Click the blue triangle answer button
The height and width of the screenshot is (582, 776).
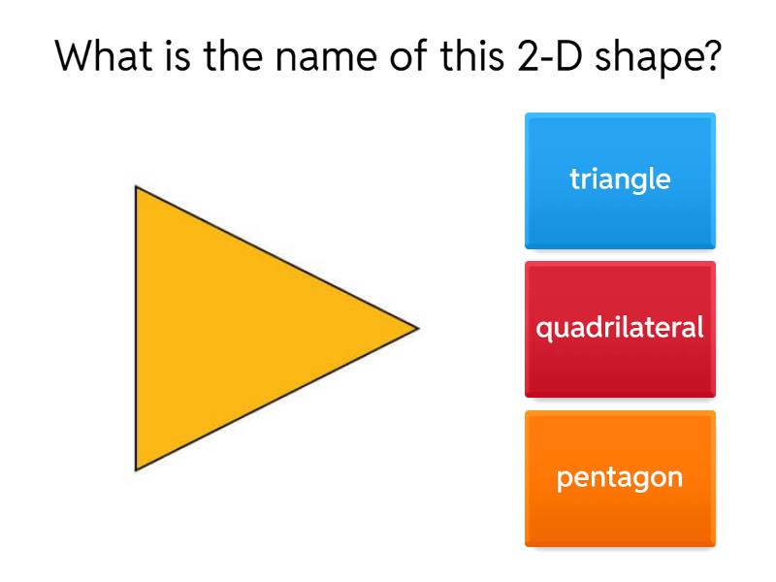coord(620,180)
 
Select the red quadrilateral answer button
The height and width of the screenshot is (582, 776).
coord(620,329)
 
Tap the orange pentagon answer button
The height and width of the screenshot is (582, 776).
coord(620,478)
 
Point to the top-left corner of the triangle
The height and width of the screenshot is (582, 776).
coord(137,188)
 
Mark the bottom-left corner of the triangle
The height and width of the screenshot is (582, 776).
coord(137,469)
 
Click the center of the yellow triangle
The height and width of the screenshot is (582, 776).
coord(230,328)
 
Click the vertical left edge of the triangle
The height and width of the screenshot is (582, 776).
coord(136,328)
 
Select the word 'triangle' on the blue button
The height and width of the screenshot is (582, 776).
coord(620,179)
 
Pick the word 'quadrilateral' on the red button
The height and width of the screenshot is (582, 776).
coord(620,328)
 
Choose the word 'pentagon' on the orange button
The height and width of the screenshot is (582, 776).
coord(620,478)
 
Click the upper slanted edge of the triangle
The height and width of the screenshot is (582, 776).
coord(276,258)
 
